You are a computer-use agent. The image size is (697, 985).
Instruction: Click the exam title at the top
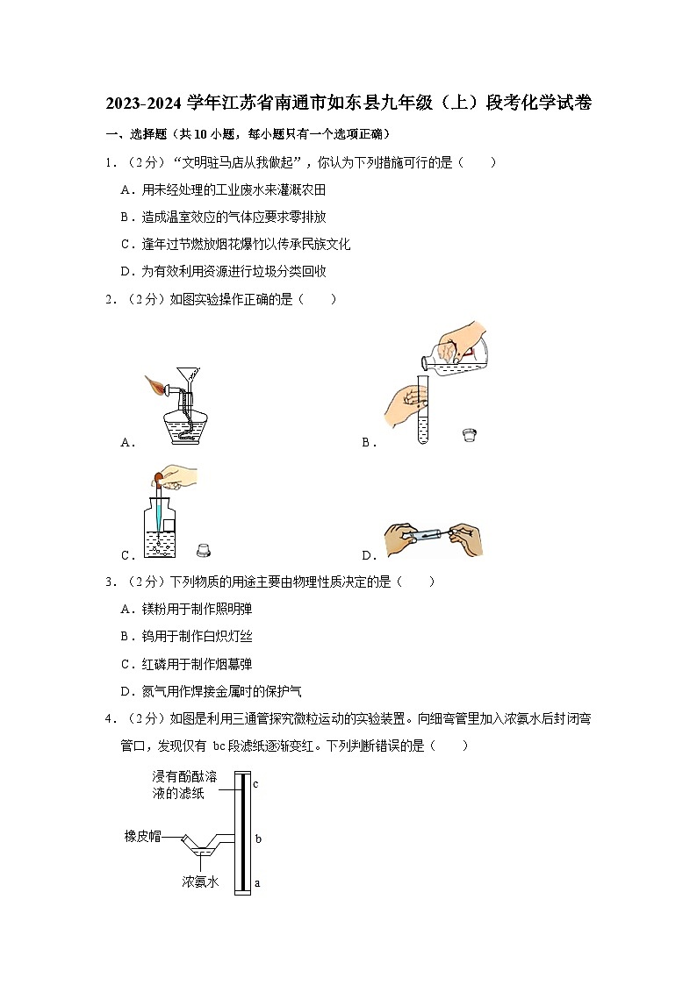(348, 103)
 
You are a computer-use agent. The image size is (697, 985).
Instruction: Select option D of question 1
(223, 272)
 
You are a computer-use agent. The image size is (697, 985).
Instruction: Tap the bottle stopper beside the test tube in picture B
(469, 435)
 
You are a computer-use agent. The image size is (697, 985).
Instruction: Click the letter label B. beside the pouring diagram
(369, 443)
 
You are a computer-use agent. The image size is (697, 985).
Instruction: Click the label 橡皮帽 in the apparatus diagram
(142, 837)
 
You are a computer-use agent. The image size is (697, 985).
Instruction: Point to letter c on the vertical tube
(255, 784)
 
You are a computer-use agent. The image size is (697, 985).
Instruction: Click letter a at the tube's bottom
(256, 883)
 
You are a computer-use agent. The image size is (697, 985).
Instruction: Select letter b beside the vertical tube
(258, 839)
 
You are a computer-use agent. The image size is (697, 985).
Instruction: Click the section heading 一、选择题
(136, 134)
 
